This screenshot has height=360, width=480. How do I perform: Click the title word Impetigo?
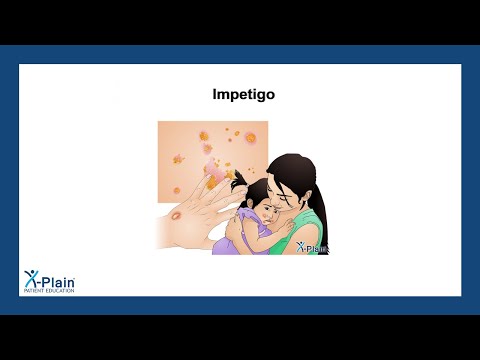[x=240, y=97]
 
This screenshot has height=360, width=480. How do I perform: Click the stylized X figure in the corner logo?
[x=32, y=279]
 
